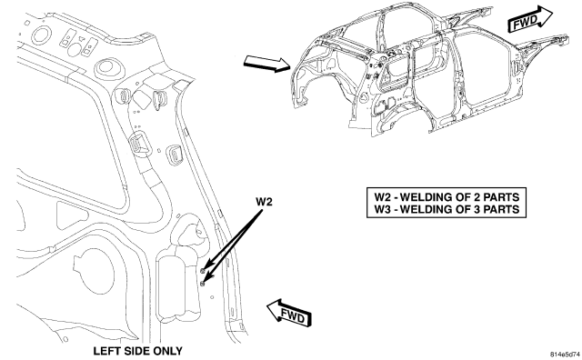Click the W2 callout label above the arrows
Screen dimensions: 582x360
[264, 202]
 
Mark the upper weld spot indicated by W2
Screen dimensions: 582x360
[202, 270]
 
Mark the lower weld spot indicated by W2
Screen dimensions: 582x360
[203, 284]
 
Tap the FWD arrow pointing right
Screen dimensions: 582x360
[530, 19]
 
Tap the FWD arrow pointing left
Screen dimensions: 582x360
[289, 313]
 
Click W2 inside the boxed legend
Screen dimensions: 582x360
[382, 196]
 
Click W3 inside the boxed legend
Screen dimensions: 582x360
[382, 209]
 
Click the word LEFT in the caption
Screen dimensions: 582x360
[105, 351]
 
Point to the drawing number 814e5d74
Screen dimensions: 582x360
[565, 354]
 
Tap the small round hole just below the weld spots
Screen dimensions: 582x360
[212, 297]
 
